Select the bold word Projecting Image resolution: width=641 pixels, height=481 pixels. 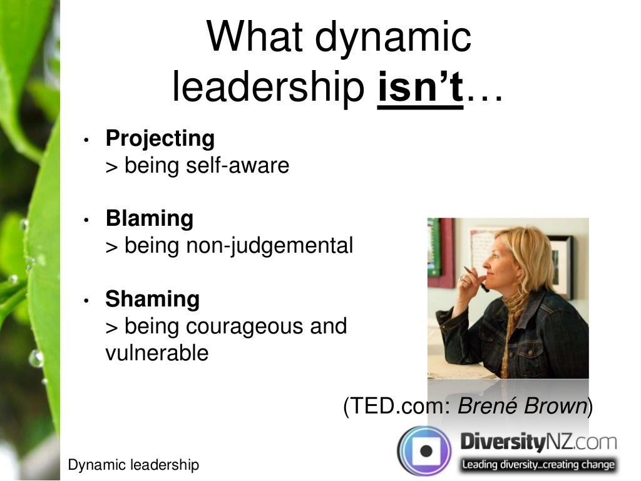[160, 138]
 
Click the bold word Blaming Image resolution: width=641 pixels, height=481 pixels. [150, 218]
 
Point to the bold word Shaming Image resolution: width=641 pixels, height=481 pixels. [152, 299]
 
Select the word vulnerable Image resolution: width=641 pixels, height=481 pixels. [156, 353]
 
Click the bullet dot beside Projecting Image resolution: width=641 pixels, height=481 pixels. [88, 140]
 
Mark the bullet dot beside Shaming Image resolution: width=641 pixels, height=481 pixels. [88, 301]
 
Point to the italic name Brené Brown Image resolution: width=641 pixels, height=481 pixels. [522, 407]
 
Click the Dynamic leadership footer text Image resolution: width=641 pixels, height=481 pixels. [133, 465]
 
